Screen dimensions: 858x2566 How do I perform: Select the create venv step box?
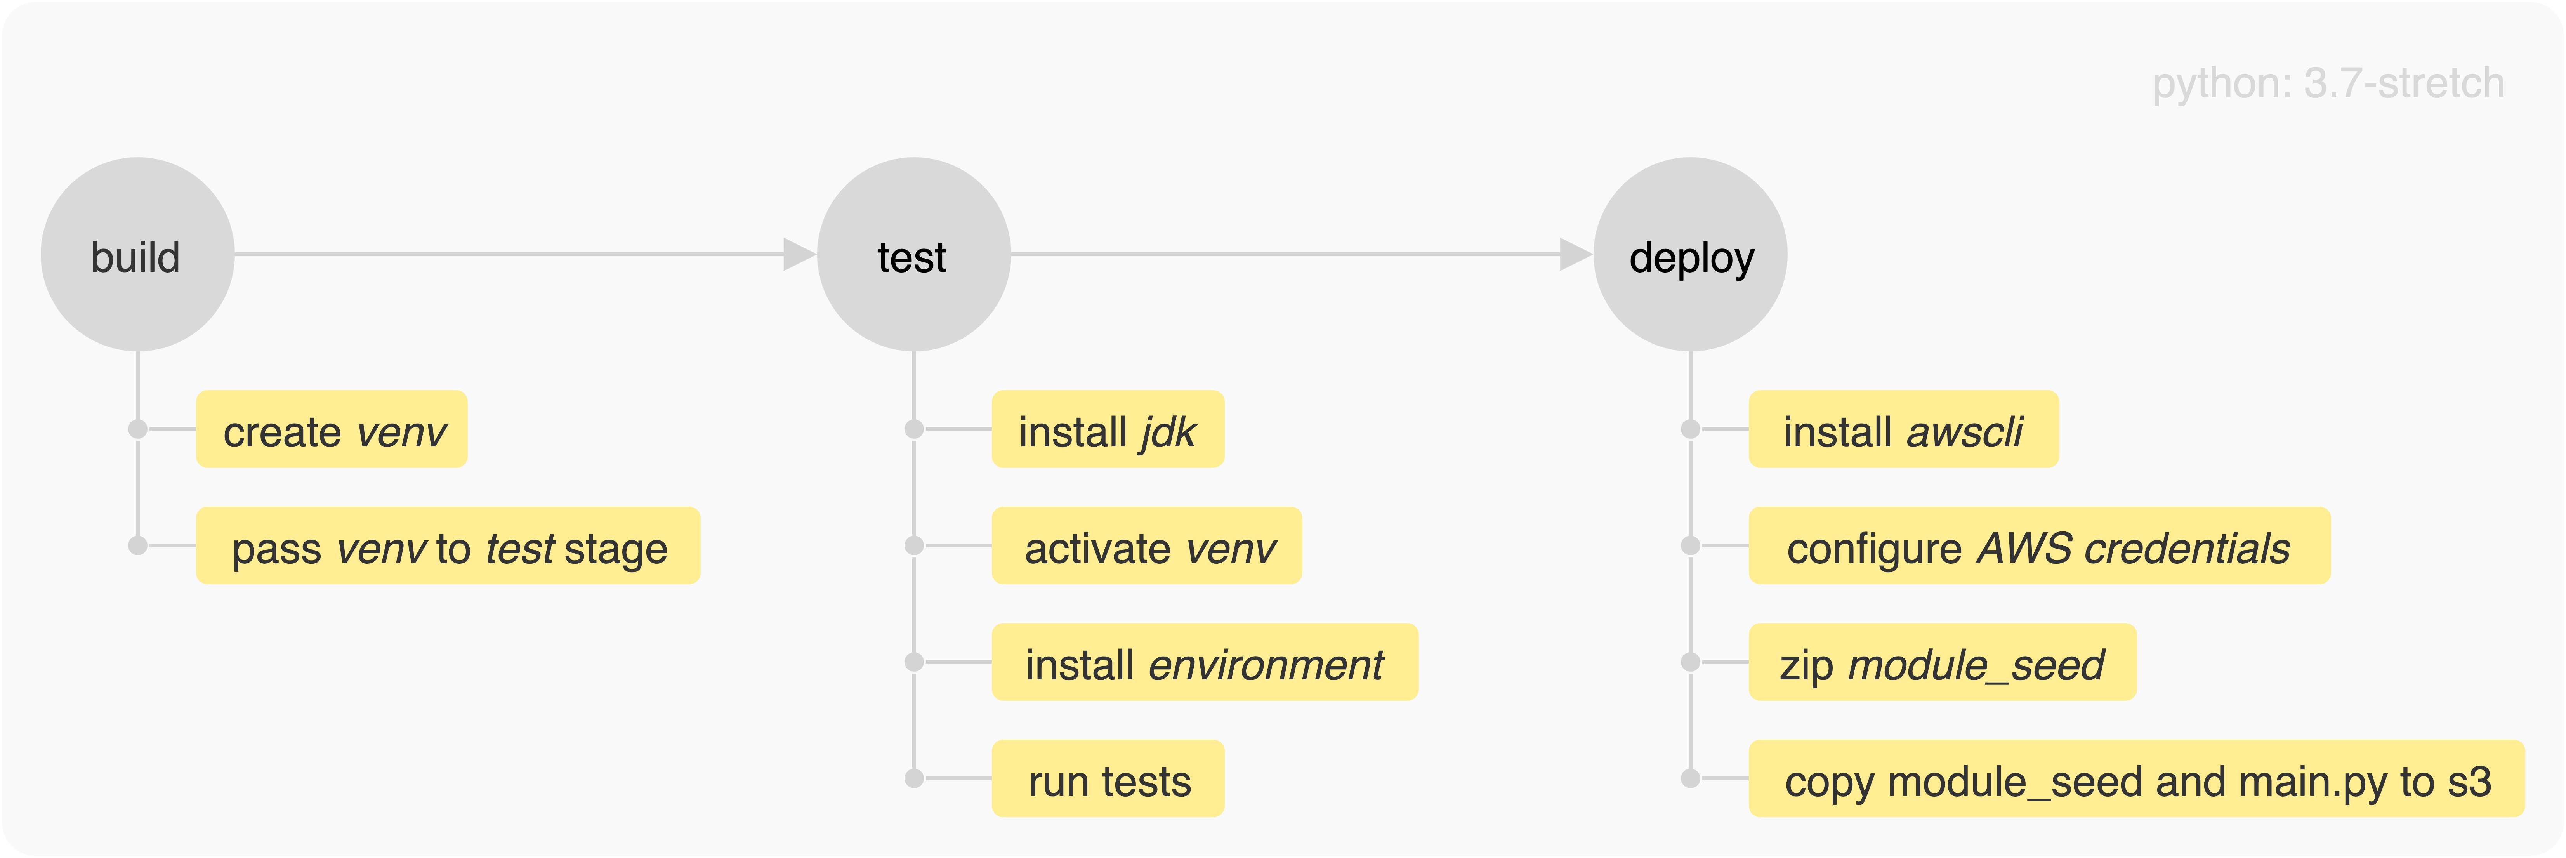pyautogui.click(x=332, y=429)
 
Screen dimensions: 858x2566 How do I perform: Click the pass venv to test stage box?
pyautogui.click(x=448, y=546)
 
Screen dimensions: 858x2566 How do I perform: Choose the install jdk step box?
pyautogui.click(x=1108, y=429)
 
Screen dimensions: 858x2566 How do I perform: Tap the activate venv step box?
pyautogui.click(x=1146, y=546)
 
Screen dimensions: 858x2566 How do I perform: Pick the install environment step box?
pyautogui.click(x=1204, y=663)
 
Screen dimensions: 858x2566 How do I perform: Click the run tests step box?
pyautogui.click(x=1108, y=779)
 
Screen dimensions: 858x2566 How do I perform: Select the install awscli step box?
pyautogui.click(x=1903, y=429)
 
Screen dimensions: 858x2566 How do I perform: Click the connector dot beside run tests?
pyautogui.click(x=913, y=779)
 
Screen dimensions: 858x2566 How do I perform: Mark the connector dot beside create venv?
pyautogui.click(x=137, y=429)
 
